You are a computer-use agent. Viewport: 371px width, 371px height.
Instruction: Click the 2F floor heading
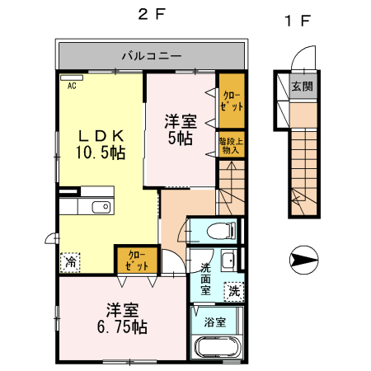152,15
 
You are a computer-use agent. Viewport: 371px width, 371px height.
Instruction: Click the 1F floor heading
298,21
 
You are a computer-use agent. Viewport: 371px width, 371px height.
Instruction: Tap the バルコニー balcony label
152,56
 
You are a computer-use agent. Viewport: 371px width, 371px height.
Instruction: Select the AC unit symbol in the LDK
72,77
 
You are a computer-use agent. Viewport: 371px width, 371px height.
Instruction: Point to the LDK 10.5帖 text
101,145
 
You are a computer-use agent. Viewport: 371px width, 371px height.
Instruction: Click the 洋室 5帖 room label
181,129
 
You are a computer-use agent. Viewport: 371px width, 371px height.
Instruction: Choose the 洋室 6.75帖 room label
122,318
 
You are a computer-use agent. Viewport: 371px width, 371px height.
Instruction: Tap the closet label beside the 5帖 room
232,101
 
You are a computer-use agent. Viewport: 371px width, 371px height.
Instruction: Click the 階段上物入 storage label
231,146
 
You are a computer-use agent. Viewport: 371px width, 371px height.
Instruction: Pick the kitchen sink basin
101,207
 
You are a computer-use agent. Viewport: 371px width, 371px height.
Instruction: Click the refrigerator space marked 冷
70,262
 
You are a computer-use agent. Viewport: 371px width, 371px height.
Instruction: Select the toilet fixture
221,231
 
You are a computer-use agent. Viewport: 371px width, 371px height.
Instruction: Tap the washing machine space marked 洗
234,291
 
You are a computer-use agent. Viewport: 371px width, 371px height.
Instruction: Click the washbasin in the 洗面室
228,260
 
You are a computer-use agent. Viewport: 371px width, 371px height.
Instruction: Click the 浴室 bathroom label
215,322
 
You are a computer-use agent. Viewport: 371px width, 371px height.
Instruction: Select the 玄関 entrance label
303,87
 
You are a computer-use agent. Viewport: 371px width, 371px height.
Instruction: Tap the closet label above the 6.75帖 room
137,261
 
